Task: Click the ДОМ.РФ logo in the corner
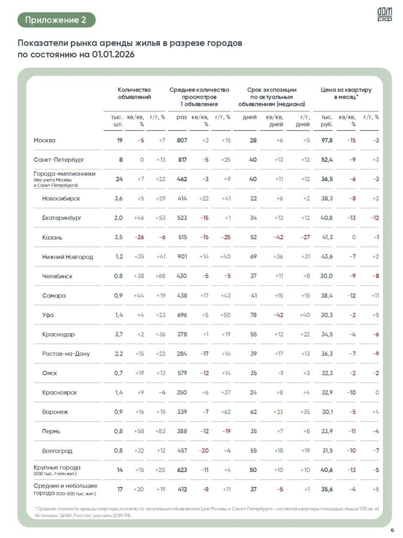click(x=385, y=16)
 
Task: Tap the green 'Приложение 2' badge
click(x=56, y=20)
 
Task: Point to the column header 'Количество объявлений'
click(x=134, y=93)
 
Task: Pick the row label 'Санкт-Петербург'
click(x=59, y=160)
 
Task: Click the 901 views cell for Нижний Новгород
click(x=181, y=256)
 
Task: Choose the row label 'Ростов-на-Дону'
click(x=65, y=354)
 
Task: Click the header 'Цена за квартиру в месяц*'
click(x=346, y=93)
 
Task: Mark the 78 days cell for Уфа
click(x=253, y=315)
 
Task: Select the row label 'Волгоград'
click(x=57, y=451)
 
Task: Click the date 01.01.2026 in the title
click(x=113, y=54)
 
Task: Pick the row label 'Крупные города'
click(x=57, y=468)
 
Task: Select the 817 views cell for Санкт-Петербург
click(x=181, y=160)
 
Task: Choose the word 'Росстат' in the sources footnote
click(x=82, y=516)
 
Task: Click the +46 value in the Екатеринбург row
click(x=138, y=218)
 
